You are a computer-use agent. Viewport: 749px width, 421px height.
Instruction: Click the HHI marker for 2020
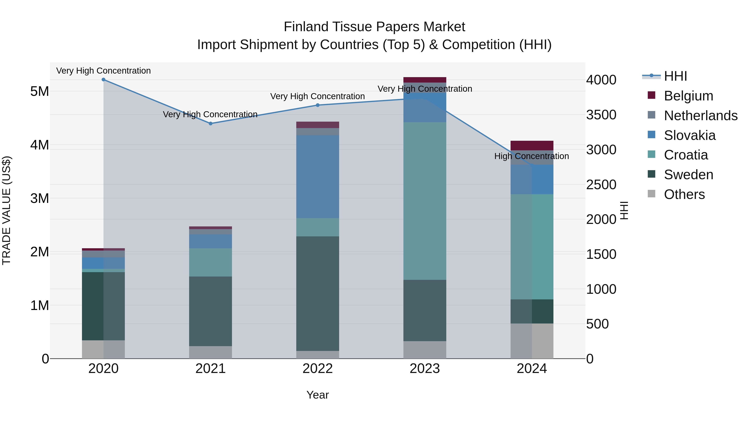point(104,80)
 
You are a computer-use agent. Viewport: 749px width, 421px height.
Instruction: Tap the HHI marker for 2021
point(211,123)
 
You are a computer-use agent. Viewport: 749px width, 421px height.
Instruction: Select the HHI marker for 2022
point(318,105)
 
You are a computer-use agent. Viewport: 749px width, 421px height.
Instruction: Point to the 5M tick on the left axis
point(40,91)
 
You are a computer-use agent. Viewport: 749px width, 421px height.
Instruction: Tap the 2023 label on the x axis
point(424,369)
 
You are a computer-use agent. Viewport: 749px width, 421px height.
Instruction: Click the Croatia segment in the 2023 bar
point(424,201)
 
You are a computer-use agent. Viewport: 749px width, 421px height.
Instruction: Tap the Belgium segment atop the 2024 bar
point(532,145)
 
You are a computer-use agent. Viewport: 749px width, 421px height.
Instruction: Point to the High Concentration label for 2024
point(532,156)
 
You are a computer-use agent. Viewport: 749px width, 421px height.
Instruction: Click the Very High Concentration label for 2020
point(104,71)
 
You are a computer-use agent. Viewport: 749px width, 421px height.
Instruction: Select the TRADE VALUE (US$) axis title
point(6,210)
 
